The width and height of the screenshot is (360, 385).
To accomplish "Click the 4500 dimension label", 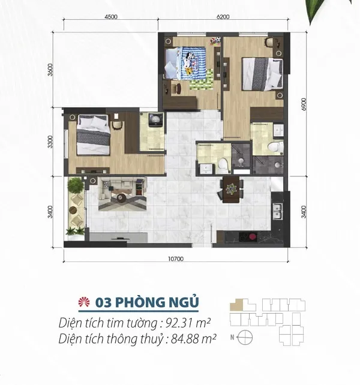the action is [x=111, y=17].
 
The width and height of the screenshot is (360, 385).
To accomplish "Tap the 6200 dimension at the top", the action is [x=223, y=17].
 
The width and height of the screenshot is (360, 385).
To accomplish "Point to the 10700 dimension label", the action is [x=176, y=259].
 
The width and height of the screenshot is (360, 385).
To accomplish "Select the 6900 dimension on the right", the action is [x=304, y=104].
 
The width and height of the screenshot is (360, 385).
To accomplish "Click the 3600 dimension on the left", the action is [x=50, y=70].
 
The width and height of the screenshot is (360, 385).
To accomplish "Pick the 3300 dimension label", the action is [x=50, y=142].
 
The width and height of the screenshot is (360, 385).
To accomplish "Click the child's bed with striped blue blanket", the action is [x=185, y=63].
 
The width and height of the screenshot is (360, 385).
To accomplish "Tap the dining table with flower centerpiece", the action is [x=231, y=190].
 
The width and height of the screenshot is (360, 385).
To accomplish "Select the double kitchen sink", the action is [x=278, y=212].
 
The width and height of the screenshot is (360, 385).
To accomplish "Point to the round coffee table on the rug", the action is [x=121, y=197].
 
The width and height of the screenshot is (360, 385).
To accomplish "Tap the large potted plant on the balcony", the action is [x=75, y=185].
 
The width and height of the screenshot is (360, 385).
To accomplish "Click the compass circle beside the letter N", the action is [x=245, y=338].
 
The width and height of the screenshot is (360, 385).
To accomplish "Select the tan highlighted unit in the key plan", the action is [x=237, y=305].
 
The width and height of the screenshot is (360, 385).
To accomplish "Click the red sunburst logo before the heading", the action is [x=84, y=302].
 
